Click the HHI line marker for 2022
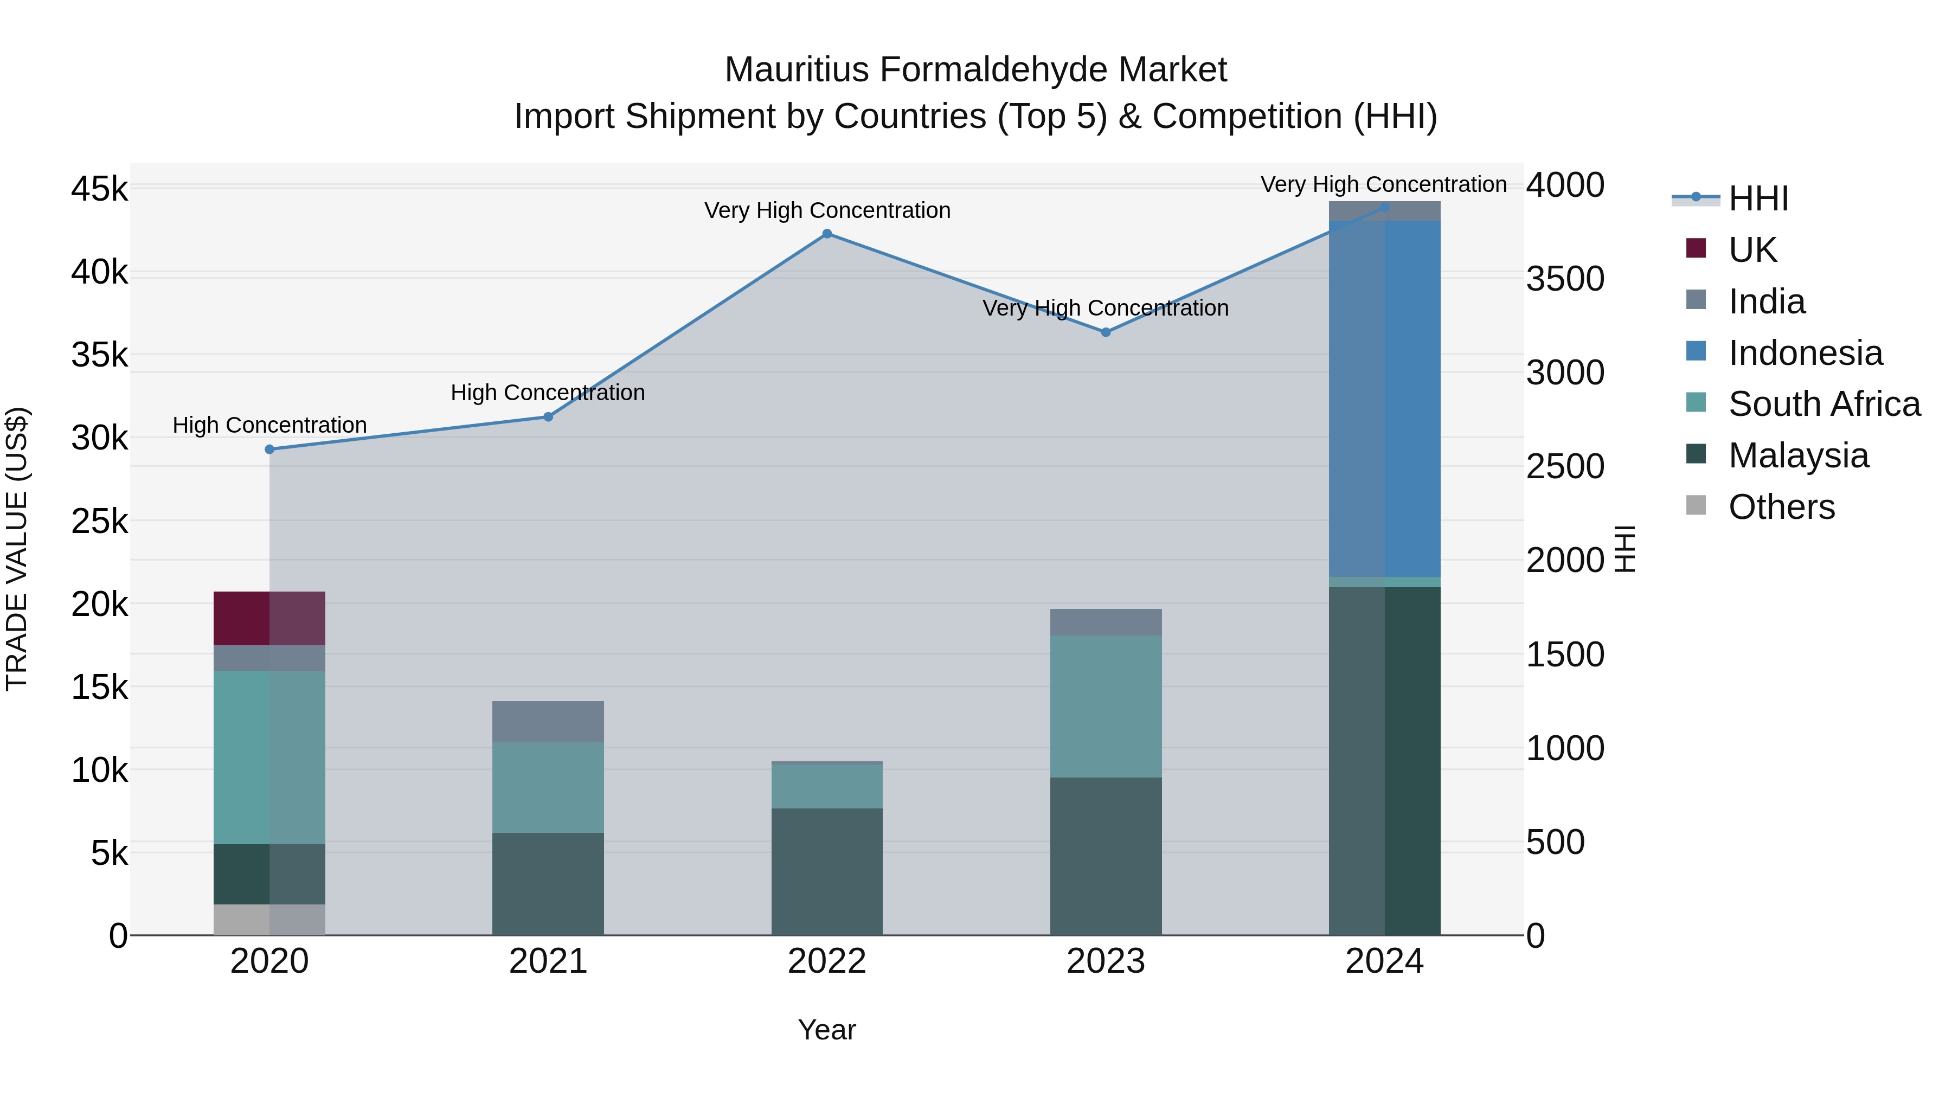click(827, 234)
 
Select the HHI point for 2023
click(1106, 332)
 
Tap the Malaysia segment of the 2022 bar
click(827, 871)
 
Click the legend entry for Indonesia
click(1805, 353)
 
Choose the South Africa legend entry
click(1824, 404)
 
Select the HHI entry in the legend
click(1758, 198)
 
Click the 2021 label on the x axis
click(548, 961)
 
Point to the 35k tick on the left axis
click(100, 355)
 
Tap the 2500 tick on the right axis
click(1565, 467)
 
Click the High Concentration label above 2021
click(548, 393)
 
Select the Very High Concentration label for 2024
click(1384, 184)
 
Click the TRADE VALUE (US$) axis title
click(17, 549)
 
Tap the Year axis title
click(827, 1030)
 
